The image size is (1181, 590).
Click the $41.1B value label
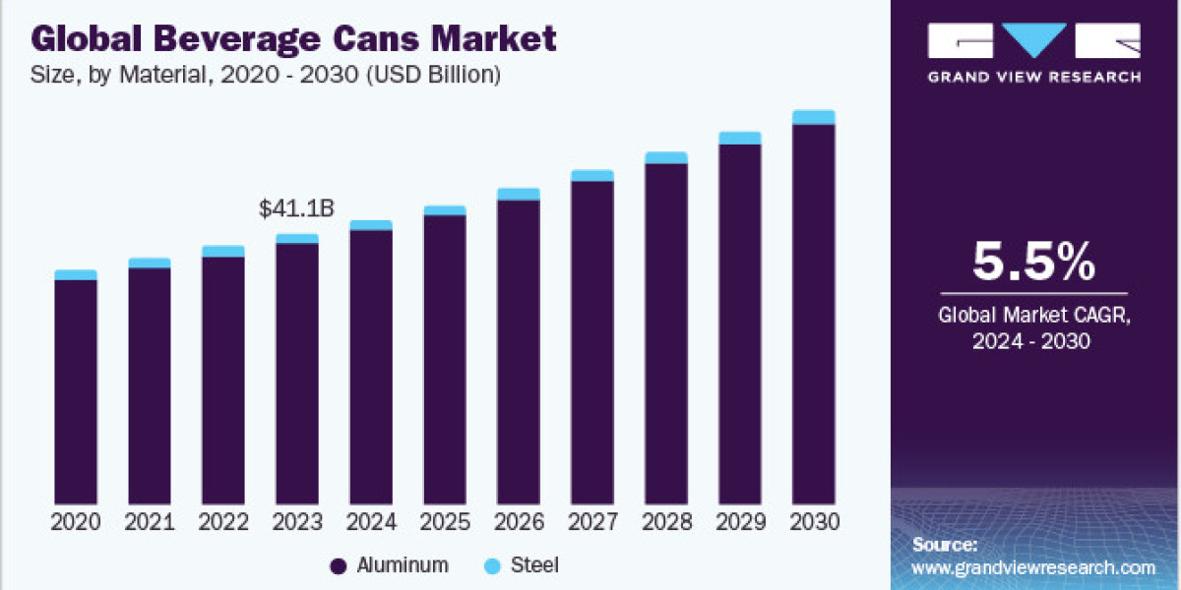click(296, 208)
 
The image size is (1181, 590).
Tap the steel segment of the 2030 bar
click(814, 118)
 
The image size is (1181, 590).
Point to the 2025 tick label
click(445, 522)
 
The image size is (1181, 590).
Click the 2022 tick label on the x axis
click(223, 522)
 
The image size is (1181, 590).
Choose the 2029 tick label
click(740, 522)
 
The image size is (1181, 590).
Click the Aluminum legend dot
click(339, 566)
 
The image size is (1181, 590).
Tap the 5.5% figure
click(1033, 262)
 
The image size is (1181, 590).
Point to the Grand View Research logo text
click(1033, 77)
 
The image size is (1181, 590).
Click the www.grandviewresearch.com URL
click(1033, 567)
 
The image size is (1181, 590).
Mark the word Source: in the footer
click(945, 545)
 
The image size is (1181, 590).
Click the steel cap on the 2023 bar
click(297, 239)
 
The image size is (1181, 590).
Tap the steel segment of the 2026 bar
click(519, 194)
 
